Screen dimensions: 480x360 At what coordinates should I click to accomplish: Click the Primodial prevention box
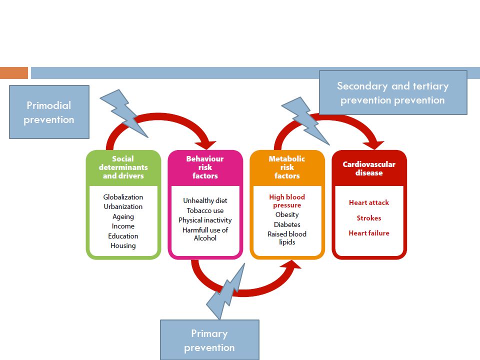(49, 112)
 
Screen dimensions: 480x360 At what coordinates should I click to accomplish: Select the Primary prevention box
(209, 340)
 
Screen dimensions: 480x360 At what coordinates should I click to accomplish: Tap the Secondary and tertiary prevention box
(393, 93)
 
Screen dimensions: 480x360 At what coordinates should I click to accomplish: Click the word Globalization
(123, 197)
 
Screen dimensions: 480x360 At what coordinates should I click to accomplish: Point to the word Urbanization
(123, 206)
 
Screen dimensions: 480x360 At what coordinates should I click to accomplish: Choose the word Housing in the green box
(123, 245)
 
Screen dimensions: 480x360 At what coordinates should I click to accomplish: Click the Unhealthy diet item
(205, 200)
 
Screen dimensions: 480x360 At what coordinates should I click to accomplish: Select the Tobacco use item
(205, 210)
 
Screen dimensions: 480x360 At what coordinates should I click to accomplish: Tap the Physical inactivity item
(205, 220)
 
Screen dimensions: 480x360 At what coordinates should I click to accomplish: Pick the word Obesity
(287, 214)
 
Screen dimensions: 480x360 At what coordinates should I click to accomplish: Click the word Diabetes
(287, 224)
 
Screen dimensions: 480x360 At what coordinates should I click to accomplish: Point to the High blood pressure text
(287, 201)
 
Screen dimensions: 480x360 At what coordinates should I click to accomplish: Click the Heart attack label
(369, 202)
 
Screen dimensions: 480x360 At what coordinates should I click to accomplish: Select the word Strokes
(369, 218)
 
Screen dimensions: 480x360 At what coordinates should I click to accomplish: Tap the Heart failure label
(369, 233)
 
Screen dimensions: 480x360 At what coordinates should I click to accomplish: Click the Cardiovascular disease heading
(369, 168)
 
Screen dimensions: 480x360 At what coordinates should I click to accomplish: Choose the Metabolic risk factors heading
(287, 167)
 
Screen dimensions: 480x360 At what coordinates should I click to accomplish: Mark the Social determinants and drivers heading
(123, 167)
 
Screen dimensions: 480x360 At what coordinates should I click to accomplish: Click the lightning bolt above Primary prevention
(226, 293)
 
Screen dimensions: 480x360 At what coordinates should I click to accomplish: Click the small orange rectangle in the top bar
(14, 73)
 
